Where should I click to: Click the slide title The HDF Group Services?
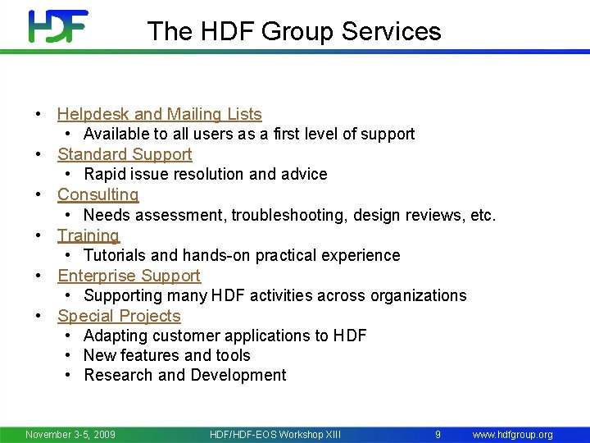(x=294, y=31)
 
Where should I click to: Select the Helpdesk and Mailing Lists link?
(x=159, y=115)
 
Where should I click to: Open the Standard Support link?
(x=125, y=155)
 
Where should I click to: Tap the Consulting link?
(x=98, y=195)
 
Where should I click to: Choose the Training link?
(x=88, y=235)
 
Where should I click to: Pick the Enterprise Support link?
(x=129, y=276)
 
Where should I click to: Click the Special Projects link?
(x=119, y=316)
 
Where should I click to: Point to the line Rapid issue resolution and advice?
(x=205, y=175)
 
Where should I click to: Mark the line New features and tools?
(x=166, y=355)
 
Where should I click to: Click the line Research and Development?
(x=184, y=376)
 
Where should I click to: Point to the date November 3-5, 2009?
(x=70, y=434)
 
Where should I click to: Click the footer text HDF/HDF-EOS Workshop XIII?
(x=275, y=434)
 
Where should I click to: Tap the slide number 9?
(x=438, y=434)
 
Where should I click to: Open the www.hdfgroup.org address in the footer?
(x=512, y=434)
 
